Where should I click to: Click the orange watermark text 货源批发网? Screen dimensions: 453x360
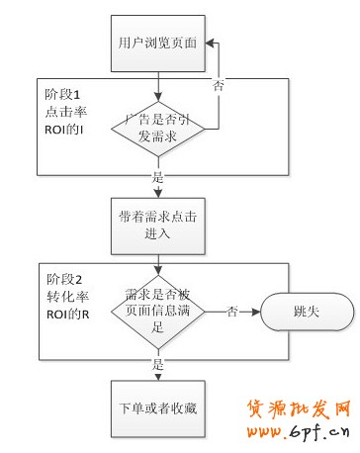pos(303,410)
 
